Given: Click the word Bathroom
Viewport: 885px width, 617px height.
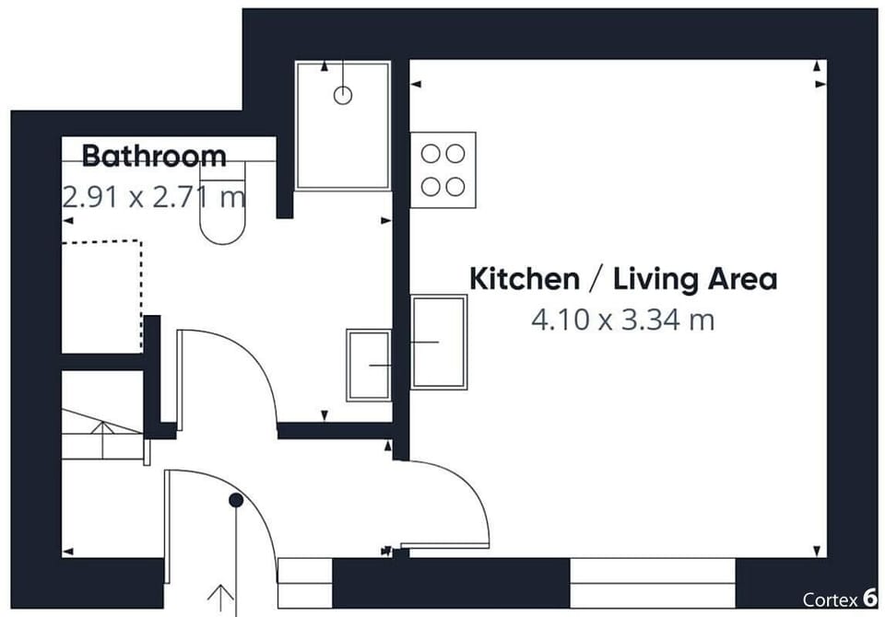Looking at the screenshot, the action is click(x=154, y=157).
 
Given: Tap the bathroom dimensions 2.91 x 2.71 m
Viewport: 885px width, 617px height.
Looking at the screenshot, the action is click(x=154, y=197).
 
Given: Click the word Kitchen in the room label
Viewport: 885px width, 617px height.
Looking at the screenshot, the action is click(x=525, y=279).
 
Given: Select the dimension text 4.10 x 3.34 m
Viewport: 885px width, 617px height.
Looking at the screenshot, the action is click(x=622, y=320).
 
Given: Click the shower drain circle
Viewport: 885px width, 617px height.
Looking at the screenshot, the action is click(x=343, y=96).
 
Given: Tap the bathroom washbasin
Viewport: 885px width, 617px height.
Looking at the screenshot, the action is click(x=369, y=366).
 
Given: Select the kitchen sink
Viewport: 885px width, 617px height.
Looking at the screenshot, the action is click(x=439, y=342).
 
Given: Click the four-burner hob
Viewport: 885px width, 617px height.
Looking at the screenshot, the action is click(x=443, y=169).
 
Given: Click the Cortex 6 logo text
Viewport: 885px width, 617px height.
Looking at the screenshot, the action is click(x=840, y=599).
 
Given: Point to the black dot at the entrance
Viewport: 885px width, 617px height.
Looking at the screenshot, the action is click(x=236, y=500).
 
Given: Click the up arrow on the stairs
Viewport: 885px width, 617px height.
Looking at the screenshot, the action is click(x=102, y=439).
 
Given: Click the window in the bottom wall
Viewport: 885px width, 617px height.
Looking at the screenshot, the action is click(x=653, y=583).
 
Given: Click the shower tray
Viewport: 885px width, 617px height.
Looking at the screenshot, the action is click(x=343, y=125).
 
